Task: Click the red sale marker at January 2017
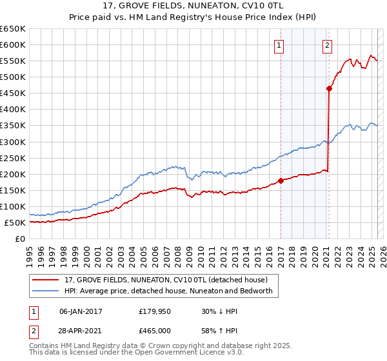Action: [x=281, y=180]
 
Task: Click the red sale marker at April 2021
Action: [x=329, y=89]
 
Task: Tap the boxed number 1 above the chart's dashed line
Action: [x=279, y=45]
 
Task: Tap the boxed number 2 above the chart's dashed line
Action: [x=328, y=45]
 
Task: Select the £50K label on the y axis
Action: [x=15, y=223]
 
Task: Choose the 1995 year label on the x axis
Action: [x=30, y=253]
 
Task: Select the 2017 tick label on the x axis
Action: [x=281, y=253]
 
